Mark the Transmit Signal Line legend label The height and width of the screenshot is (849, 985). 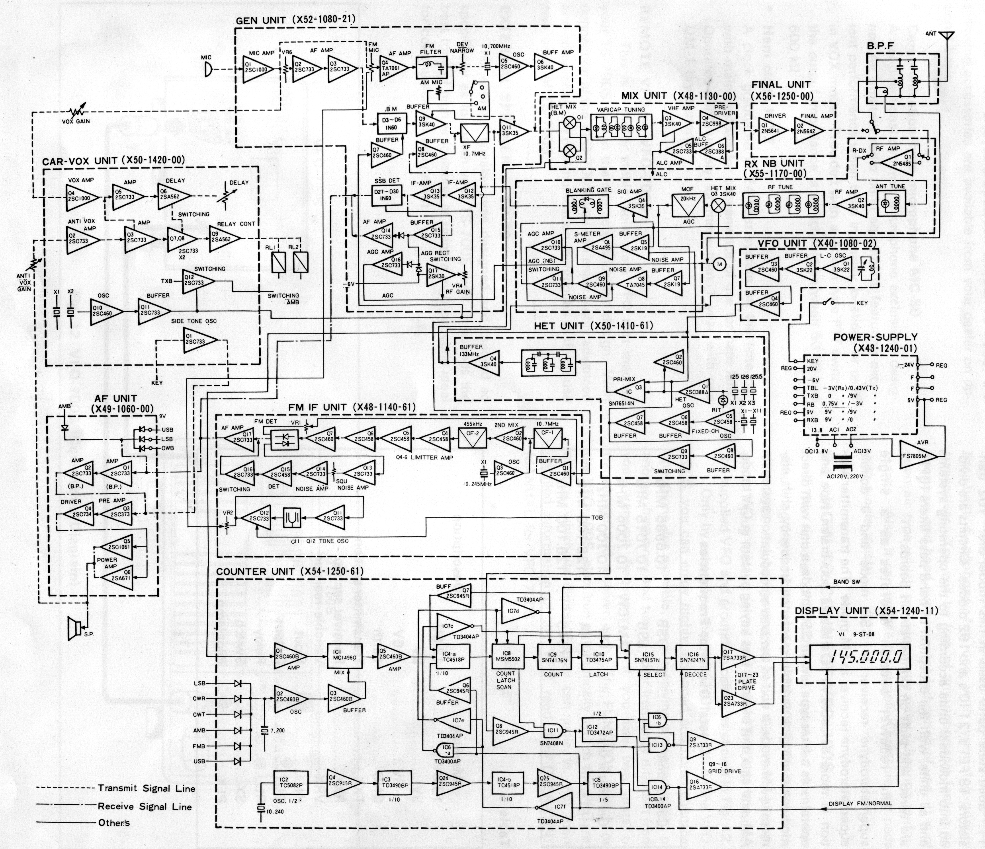coord(147,788)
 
